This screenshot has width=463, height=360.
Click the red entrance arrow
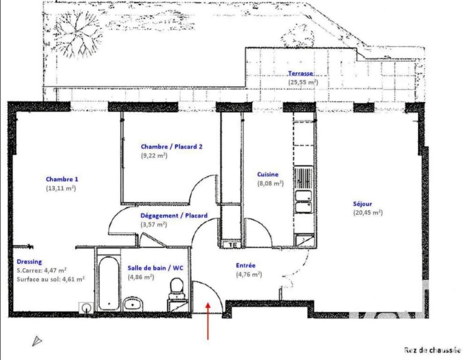click(x=208, y=321)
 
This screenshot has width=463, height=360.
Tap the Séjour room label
click(x=362, y=204)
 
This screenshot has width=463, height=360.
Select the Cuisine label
click(x=268, y=174)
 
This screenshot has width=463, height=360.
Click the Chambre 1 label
click(x=62, y=179)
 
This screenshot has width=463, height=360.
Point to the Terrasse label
click(x=300, y=74)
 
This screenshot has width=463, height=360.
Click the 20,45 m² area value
click(x=368, y=213)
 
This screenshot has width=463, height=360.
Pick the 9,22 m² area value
click(x=154, y=156)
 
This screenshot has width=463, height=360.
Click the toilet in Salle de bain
click(x=177, y=288)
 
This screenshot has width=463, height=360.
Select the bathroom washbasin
click(x=133, y=304)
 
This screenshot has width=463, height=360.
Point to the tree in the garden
click(x=77, y=34)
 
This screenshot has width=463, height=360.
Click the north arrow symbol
click(x=37, y=341)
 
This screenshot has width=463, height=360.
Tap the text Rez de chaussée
click(x=433, y=350)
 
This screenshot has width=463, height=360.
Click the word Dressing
click(x=29, y=262)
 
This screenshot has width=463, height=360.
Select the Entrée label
click(x=246, y=265)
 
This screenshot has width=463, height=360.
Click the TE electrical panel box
click(x=232, y=245)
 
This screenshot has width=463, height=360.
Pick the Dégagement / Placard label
click(x=174, y=216)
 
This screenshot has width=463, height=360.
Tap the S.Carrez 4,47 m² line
click(x=42, y=270)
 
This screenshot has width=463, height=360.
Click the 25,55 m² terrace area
click(x=303, y=82)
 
